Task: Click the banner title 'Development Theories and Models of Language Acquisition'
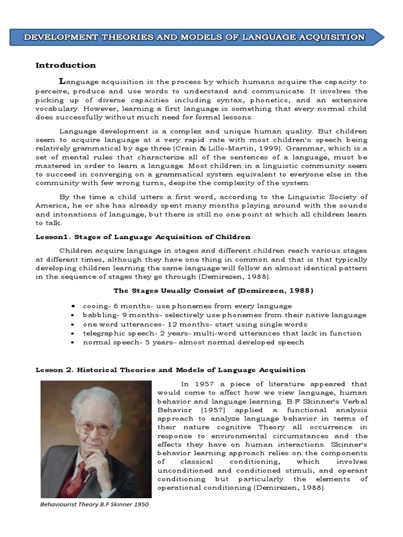[x=195, y=37]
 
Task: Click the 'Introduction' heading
[x=66, y=66]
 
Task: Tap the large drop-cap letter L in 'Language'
[x=62, y=81]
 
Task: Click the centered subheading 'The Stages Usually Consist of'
[x=214, y=291]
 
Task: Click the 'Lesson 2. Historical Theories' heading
[x=170, y=370]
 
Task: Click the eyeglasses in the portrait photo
[x=94, y=427]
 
